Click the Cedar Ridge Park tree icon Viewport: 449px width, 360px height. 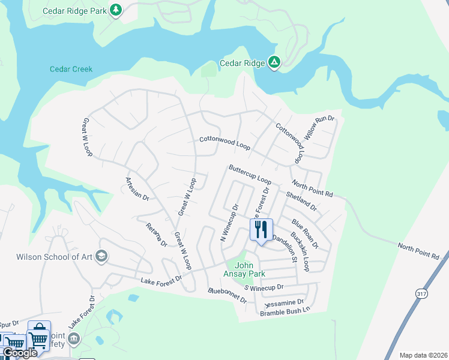click(116, 10)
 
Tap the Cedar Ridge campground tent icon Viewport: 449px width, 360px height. click(274, 62)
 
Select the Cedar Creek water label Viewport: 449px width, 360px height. click(71, 69)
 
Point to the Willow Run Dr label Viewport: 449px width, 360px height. click(318, 128)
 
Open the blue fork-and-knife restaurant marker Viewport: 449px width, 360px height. click(261, 229)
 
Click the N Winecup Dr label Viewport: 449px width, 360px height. click(229, 223)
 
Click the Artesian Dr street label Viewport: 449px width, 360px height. click(137, 188)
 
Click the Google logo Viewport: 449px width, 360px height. click(19, 353)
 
